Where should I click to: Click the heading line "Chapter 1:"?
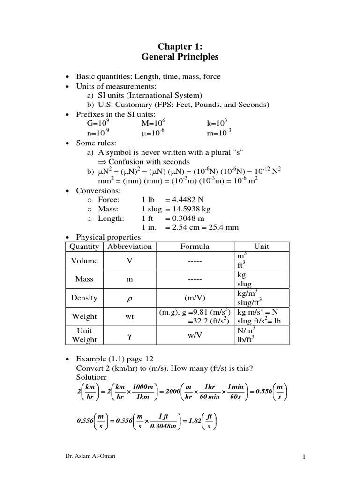click(x=180, y=46)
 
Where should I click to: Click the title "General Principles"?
click(x=180, y=57)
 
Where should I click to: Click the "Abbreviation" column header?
click(x=129, y=247)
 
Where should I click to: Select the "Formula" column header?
click(x=195, y=247)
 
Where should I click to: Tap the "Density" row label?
click(x=84, y=298)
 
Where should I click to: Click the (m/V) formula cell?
click(x=195, y=298)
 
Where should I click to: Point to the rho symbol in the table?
click(x=130, y=298)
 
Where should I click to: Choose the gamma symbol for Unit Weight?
click(x=130, y=336)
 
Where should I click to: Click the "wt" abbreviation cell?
click(x=130, y=316)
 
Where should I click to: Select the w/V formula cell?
click(x=195, y=335)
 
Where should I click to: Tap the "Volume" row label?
click(x=84, y=261)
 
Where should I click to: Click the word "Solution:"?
click(x=91, y=377)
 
